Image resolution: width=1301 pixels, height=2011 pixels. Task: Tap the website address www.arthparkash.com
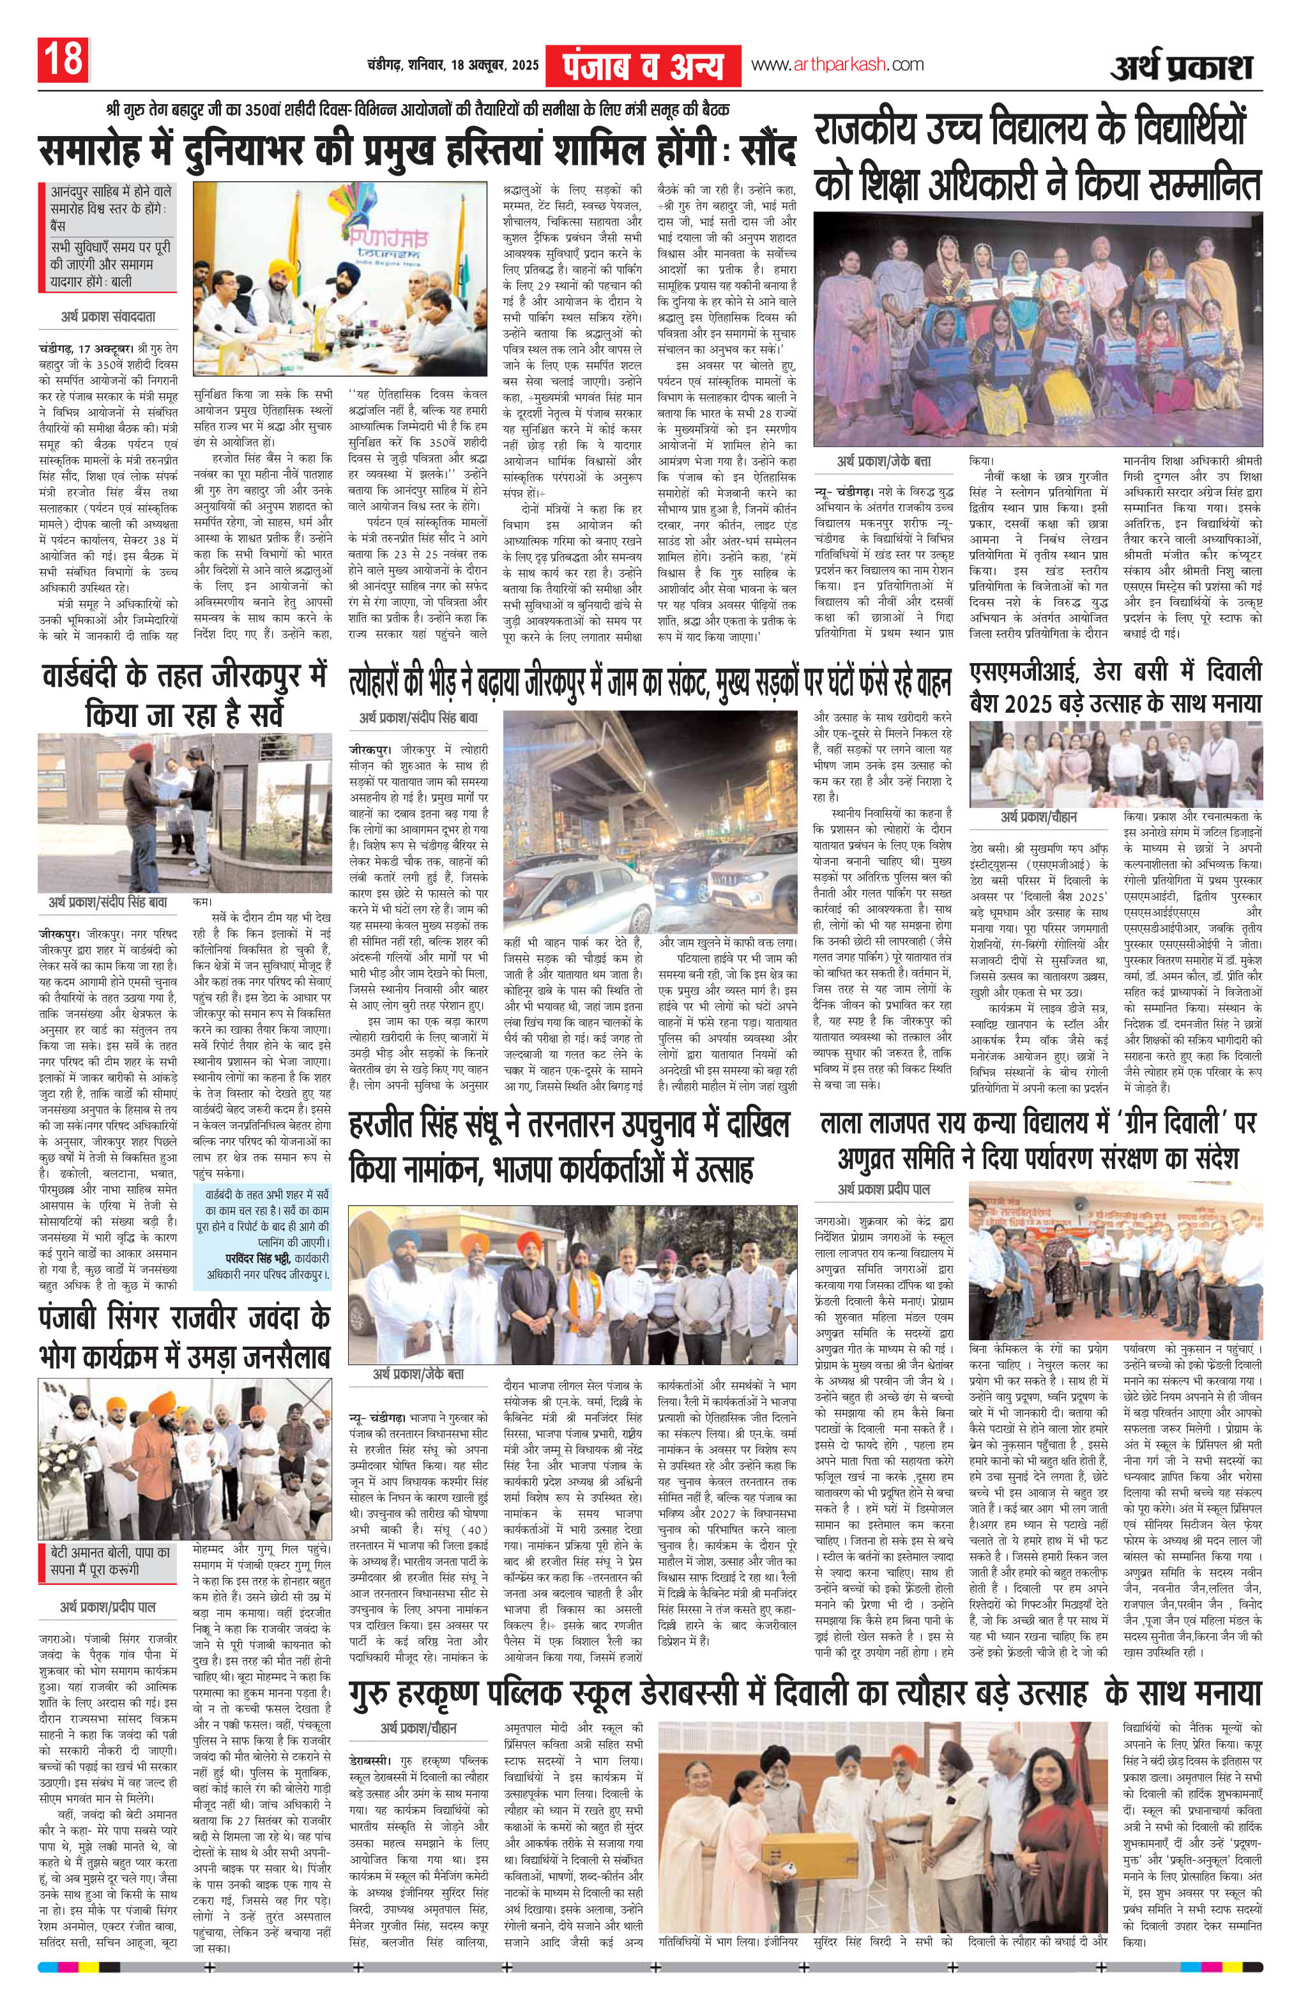[x=837, y=65]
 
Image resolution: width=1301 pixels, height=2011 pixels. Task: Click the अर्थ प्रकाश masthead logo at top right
[x=1180, y=66]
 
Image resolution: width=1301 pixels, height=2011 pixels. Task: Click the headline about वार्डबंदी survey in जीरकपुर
[x=184, y=696]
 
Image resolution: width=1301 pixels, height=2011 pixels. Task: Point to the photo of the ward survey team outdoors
[x=184, y=813]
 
